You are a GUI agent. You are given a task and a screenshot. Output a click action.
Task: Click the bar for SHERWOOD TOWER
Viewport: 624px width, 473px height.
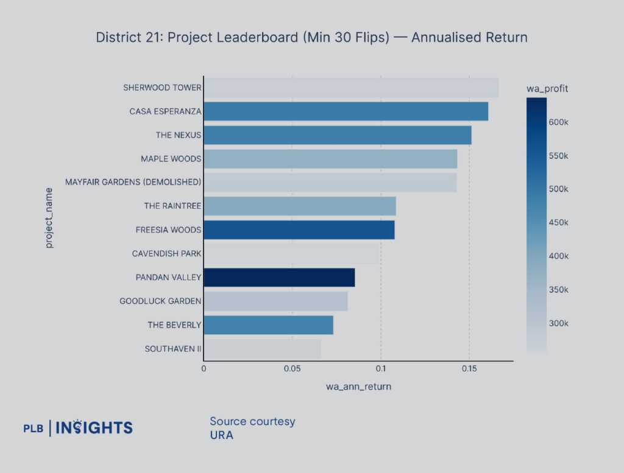(350, 88)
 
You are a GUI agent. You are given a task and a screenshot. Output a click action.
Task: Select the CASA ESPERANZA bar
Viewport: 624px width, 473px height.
(346, 111)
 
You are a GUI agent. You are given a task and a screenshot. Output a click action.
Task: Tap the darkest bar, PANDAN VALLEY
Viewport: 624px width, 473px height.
(279, 278)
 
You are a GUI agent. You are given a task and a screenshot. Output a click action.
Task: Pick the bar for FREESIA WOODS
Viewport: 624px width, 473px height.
(299, 230)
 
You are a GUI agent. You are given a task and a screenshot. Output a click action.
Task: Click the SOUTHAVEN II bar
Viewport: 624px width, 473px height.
(262, 349)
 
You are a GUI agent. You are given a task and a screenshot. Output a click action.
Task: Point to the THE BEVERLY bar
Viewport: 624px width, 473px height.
(268, 325)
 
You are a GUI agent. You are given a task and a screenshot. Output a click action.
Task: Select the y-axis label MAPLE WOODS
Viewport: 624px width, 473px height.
(171, 159)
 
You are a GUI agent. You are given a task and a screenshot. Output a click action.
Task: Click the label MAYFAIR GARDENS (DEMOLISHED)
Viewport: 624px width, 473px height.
(133, 183)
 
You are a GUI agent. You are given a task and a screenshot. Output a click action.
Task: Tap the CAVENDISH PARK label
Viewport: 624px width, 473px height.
(166, 254)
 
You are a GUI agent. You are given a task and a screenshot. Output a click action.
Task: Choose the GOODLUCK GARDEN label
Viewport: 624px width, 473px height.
(160, 301)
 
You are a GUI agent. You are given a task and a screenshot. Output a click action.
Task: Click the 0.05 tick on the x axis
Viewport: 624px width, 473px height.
(292, 369)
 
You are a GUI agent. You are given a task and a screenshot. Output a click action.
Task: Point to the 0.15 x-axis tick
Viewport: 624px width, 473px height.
(469, 369)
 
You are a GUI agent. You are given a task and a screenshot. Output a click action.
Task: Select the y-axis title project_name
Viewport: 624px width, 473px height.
(49, 218)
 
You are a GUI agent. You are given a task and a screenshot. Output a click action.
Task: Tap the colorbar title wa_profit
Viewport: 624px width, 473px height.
(547, 89)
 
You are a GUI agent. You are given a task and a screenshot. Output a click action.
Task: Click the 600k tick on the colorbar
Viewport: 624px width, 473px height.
(558, 122)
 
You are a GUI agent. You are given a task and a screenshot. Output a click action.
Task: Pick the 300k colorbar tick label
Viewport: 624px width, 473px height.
(558, 323)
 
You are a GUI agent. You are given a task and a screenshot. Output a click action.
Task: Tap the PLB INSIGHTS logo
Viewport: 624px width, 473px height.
(78, 428)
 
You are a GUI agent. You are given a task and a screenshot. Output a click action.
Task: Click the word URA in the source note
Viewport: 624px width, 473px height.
(221, 435)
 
